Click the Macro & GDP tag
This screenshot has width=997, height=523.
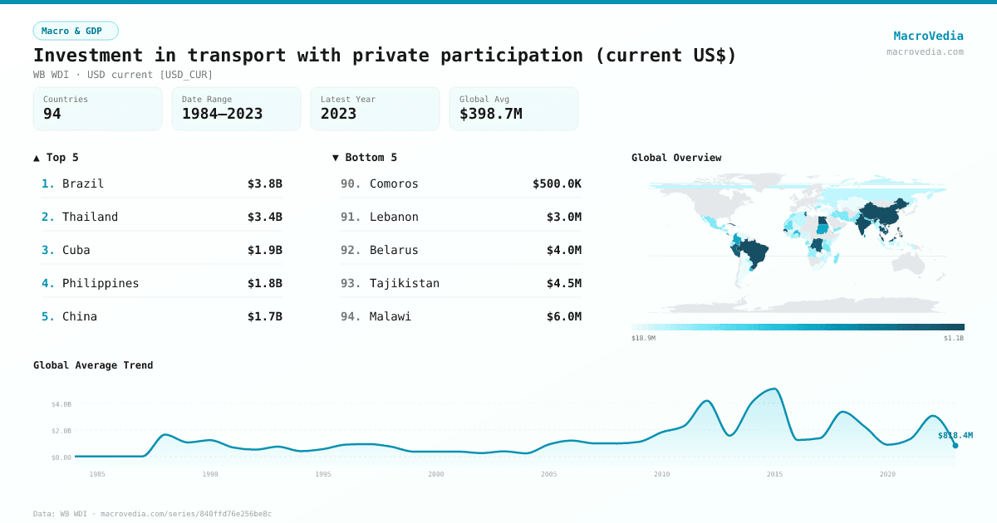(76, 31)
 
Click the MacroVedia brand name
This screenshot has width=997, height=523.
(928, 36)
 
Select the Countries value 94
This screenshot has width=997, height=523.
(52, 114)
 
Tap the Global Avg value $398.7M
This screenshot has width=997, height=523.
(490, 114)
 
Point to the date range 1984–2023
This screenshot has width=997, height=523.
(222, 114)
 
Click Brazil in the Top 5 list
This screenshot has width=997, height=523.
(83, 183)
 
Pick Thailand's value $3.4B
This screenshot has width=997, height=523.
(264, 217)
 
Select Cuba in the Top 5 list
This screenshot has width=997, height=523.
(76, 250)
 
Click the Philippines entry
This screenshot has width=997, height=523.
(101, 283)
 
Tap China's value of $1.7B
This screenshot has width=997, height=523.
(264, 316)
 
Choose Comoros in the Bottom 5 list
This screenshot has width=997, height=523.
(394, 183)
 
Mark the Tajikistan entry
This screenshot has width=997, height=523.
(404, 283)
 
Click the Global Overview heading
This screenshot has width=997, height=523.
(676, 158)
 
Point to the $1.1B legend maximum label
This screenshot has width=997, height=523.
(953, 338)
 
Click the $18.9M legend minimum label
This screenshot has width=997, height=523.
(643, 338)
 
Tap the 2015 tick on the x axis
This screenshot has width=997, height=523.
(774, 474)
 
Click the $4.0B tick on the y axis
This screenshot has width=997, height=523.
(61, 404)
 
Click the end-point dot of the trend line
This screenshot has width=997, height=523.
(955, 446)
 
